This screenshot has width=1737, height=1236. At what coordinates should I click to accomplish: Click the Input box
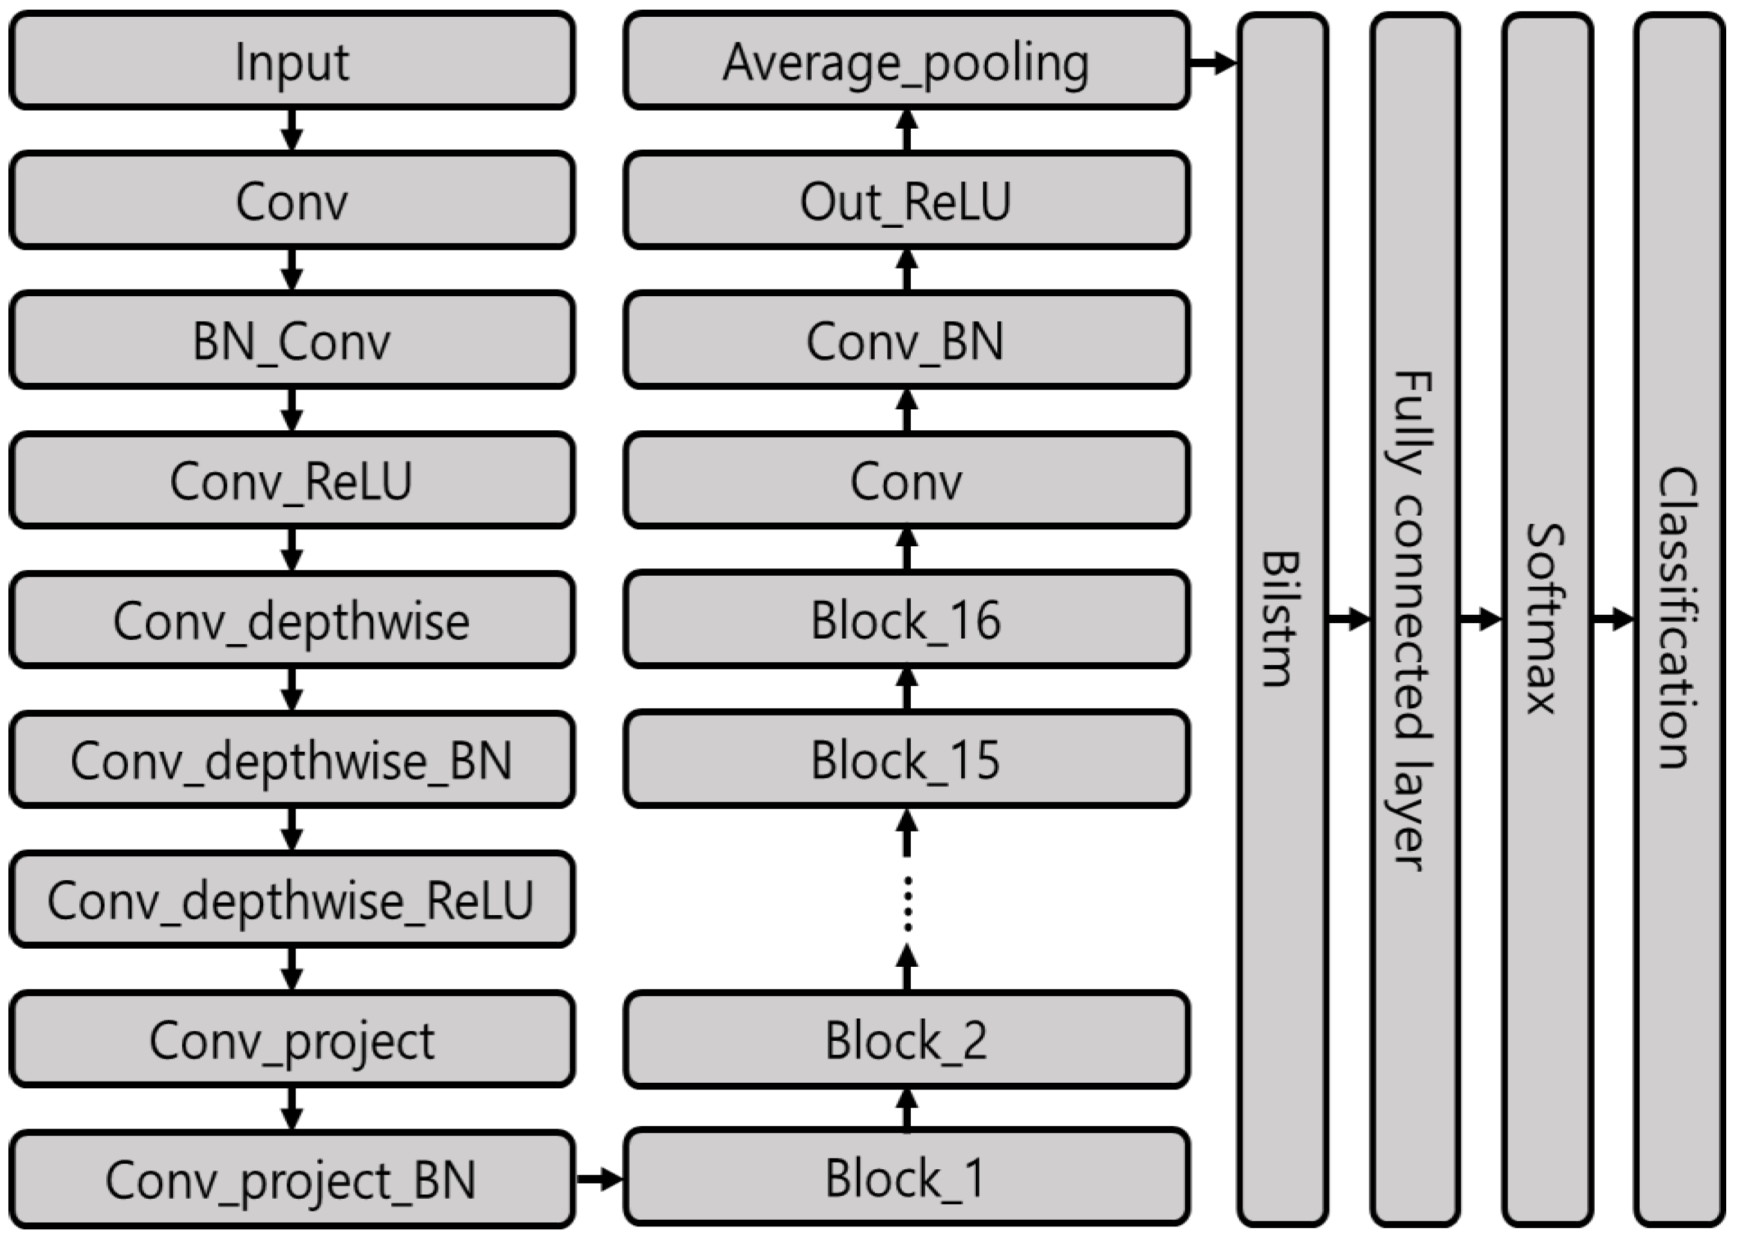pyautogui.click(x=291, y=61)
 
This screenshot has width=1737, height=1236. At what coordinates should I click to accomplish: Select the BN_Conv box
pyautogui.click(x=291, y=340)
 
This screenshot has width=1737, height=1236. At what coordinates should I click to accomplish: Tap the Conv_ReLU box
pyautogui.click(x=291, y=480)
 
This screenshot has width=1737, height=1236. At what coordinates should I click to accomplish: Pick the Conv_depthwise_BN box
pyautogui.click(x=291, y=760)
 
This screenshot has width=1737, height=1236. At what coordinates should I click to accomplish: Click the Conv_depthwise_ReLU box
pyautogui.click(x=291, y=900)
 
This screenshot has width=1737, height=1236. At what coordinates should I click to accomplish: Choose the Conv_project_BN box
pyautogui.click(x=291, y=1179)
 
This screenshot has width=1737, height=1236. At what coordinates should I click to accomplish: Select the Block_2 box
pyautogui.click(x=906, y=1040)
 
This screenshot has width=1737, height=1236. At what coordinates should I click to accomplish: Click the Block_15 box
pyautogui.click(x=906, y=760)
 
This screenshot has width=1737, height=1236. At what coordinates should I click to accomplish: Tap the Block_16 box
pyautogui.click(x=906, y=620)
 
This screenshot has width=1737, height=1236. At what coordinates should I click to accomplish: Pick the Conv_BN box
pyautogui.click(x=906, y=340)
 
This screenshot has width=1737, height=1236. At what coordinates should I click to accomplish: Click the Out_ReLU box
pyautogui.click(x=906, y=200)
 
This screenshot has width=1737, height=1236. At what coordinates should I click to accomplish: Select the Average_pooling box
pyautogui.click(x=906, y=61)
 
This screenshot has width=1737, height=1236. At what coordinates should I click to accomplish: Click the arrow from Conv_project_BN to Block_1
pyautogui.click(x=600, y=1180)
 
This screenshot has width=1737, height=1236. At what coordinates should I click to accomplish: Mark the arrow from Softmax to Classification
pyautogui.click(x=1612, y=619)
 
